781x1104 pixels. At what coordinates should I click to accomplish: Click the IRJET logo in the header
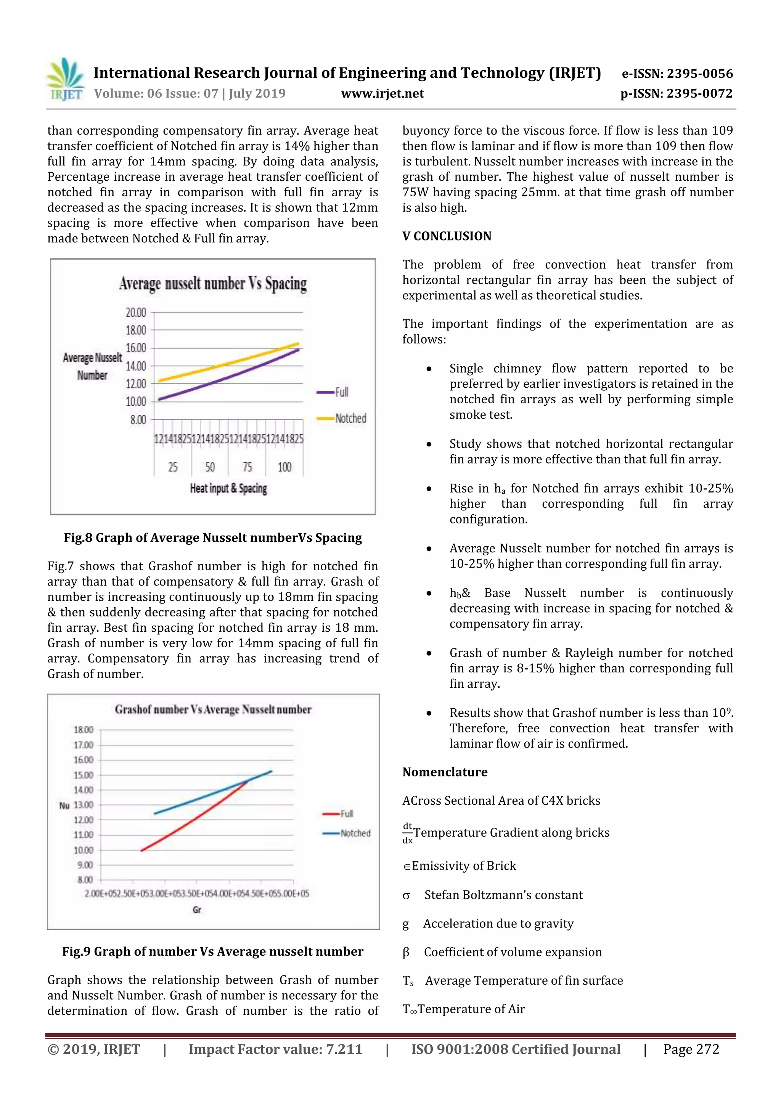(66, 79)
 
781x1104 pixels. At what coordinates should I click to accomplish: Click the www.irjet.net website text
(382, 93)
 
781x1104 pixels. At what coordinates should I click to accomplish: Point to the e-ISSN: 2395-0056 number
(677, 74)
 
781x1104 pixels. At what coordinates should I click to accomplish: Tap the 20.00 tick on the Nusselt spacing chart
(136, 313)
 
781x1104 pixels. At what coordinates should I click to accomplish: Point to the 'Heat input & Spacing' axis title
(228, 489)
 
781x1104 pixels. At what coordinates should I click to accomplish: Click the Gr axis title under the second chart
(197, 910)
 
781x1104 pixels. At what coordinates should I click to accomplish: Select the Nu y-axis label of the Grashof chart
(64, 806)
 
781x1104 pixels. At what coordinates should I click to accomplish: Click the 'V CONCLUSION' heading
(447, 236)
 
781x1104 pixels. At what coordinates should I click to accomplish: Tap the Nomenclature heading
(445, 772)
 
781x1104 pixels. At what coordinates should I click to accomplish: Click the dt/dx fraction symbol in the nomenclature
(407, 833)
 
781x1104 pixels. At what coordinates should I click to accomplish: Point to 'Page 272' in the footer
(691, 1049)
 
